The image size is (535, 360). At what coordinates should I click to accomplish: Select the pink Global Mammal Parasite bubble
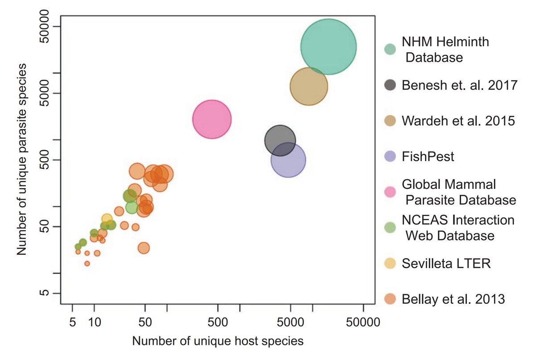click(212, 119)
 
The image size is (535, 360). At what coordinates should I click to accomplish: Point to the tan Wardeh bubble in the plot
click(309, 86)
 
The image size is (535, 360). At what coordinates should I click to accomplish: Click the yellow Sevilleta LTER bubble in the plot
click(107, 219)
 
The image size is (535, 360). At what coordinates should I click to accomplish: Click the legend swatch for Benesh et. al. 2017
click(390, 85)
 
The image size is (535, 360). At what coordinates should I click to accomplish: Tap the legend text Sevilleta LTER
click(446, 263)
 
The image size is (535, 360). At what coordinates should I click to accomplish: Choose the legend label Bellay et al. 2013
click(453, 299)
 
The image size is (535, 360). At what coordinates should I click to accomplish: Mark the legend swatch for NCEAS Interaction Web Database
click(390, 227)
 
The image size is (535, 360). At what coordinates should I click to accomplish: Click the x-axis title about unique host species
click(218, 341)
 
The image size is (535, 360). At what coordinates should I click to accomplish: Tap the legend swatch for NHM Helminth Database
click(390, 49)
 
